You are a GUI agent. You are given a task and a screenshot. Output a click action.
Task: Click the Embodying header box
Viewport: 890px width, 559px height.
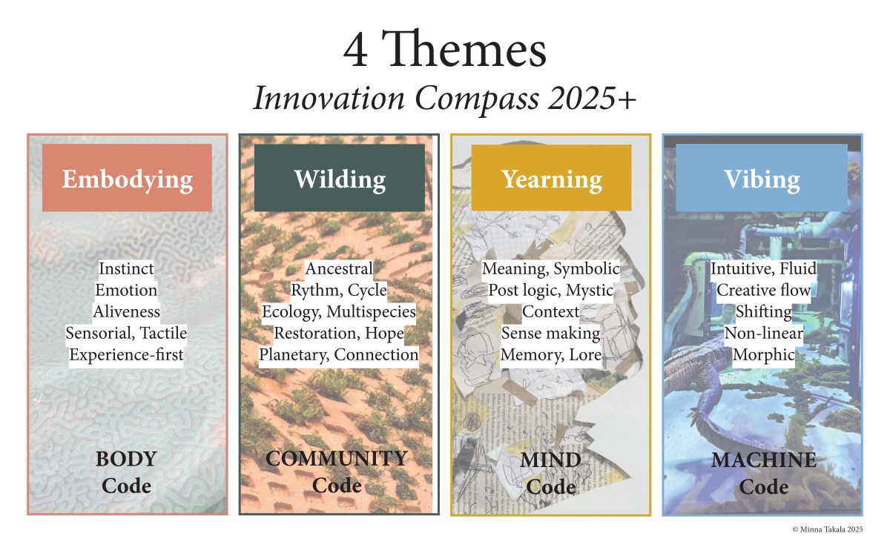pyautogui.click(x=127, y=179)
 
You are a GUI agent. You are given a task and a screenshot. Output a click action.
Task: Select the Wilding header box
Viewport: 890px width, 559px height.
pyautogui.click(x=339, y=179)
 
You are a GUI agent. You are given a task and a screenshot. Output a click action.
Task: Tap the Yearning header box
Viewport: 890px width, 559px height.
pyautogui.click(x=551, y=179)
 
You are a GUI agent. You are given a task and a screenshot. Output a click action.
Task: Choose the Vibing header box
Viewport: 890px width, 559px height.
pyautogui.click(x=761, y=179)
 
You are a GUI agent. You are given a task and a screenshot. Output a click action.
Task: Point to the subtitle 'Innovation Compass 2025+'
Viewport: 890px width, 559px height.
pyautogui.click(x=445, y=99)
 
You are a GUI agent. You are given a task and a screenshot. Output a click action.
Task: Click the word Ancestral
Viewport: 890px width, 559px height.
pyautogui.click(x=339, y=268)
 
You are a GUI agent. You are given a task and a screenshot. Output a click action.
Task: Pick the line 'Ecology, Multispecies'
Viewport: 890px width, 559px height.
pyautogui.click(x=339, y=311)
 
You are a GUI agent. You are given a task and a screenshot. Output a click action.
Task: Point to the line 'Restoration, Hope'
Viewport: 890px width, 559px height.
pyautogui.click(x=339, y=333)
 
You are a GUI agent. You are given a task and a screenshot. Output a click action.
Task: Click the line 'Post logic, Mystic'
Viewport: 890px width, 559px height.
pyautogui.click(x=551, y=290)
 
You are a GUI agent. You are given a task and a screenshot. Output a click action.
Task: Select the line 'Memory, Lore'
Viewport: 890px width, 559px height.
pyautogui.click(x=551, y=354)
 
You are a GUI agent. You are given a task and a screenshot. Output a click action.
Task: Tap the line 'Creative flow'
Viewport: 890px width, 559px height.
pyautogui.click(x=763, y=290)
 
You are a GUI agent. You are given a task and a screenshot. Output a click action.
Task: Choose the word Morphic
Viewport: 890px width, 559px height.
pyautogui.click(x=763, y=354)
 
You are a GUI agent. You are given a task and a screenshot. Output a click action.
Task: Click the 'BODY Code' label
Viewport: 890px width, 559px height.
pyautogui.click(x=127, y=472)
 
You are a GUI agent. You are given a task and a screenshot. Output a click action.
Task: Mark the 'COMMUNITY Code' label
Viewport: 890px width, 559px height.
pyautogui.click(x=337, y=472)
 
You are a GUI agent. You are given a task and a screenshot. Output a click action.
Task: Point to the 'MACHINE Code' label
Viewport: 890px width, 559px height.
pyautogui.click(x=763, y=473)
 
